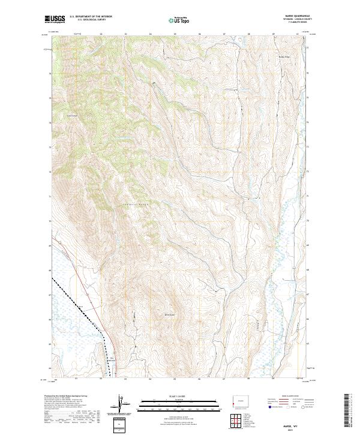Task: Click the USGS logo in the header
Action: (x=55, y=19)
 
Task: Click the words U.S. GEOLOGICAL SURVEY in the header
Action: (x=88, y=20)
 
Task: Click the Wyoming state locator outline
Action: (x=241, y=401)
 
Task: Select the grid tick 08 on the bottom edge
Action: (x=248, y=379)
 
